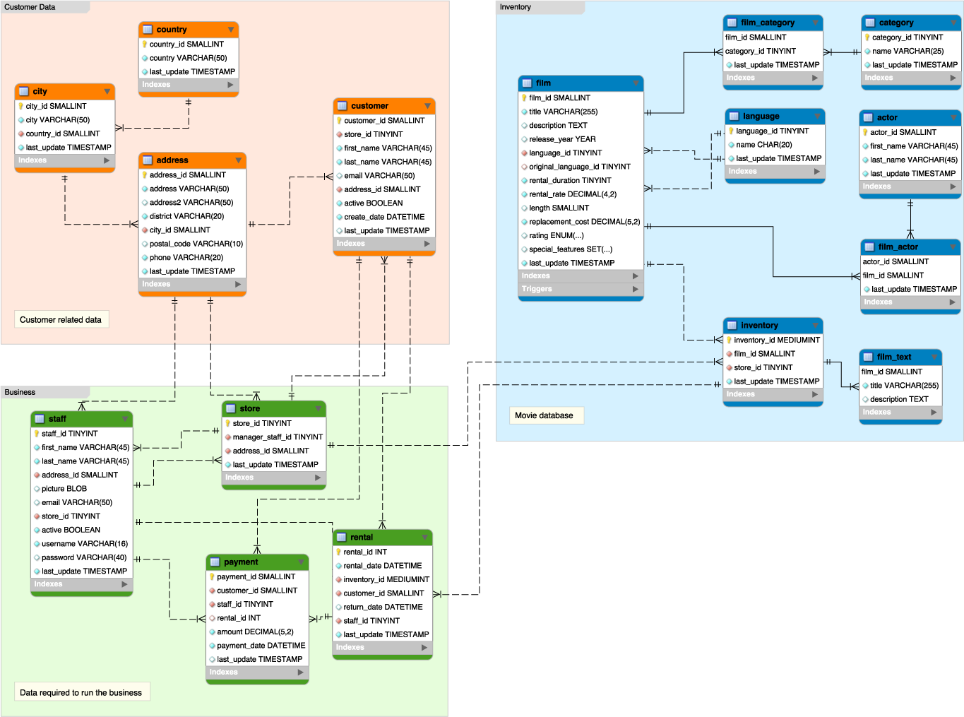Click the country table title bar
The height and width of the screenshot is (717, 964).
188,30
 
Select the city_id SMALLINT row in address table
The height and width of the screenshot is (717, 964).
179,230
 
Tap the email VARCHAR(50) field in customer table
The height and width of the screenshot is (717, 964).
379,176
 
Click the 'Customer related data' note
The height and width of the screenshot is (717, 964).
61,320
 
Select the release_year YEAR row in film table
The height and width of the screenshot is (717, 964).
562,139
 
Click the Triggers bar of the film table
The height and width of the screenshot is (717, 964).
580,289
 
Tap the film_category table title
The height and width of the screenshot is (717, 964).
772,23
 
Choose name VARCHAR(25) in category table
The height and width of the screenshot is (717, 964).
908,51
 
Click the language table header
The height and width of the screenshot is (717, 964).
774,117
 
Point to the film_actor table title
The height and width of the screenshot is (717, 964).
910,247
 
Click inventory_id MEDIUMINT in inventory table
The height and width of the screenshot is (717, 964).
776,340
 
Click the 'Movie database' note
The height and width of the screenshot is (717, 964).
544,415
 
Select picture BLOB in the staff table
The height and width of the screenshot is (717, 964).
64,489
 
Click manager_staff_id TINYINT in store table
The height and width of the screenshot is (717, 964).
277,437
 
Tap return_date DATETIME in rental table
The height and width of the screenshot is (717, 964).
383,608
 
